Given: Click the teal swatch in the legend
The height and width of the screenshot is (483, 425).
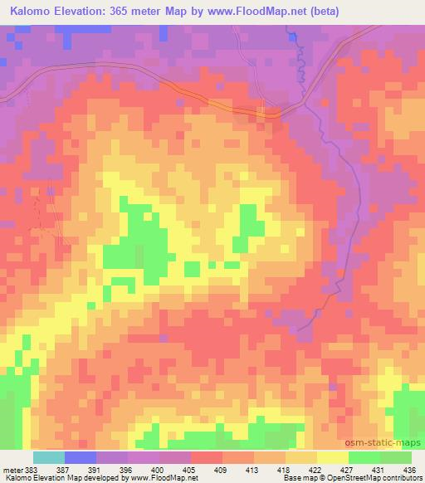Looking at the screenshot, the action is (48, 457).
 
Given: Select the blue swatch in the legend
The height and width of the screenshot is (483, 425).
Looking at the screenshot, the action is (80, 457).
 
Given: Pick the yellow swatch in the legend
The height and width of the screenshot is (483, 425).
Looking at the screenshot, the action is (332, 457).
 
